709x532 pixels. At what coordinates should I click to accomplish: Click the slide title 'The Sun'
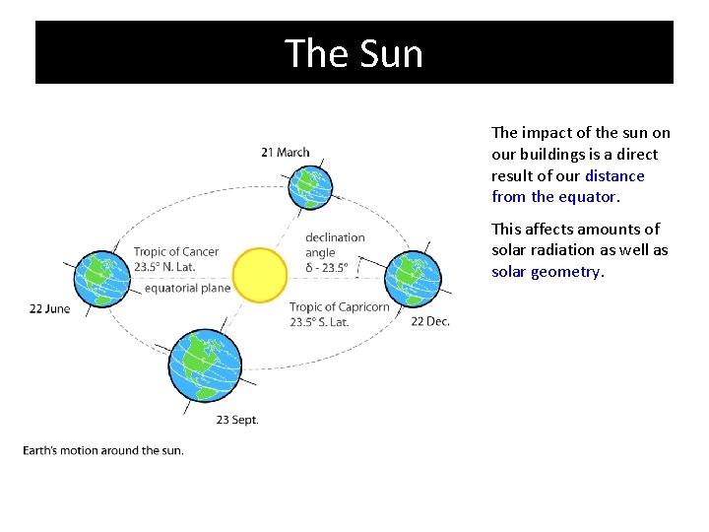[354, 52]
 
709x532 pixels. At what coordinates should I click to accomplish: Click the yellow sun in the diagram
[260, 274]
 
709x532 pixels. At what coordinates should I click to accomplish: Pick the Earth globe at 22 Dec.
[413, 279]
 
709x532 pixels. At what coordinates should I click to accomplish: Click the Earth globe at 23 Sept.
[204, 365]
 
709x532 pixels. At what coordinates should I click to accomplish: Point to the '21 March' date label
[286, 152]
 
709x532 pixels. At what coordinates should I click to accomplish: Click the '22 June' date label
[49, 308]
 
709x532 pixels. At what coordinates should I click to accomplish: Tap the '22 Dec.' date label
[430, 321]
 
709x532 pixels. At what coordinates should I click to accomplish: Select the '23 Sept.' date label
[237, 420]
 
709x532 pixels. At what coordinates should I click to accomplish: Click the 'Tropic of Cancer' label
[176, 252]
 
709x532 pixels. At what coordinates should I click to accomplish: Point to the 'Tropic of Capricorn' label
[340, 307]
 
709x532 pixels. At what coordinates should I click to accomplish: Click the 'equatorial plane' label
[187, 288]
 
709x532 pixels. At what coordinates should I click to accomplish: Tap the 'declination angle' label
[335, 244]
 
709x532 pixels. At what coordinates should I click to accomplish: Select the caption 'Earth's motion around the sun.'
[103, 450]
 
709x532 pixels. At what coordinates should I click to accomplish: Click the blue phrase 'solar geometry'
[546, 272]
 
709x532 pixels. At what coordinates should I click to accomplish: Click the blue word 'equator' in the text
[587, 197]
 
